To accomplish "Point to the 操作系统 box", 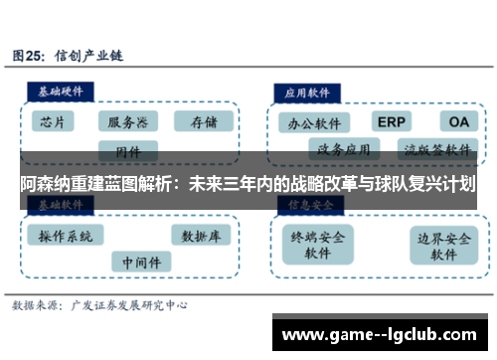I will [65, 236].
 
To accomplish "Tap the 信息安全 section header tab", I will [308, 204].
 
